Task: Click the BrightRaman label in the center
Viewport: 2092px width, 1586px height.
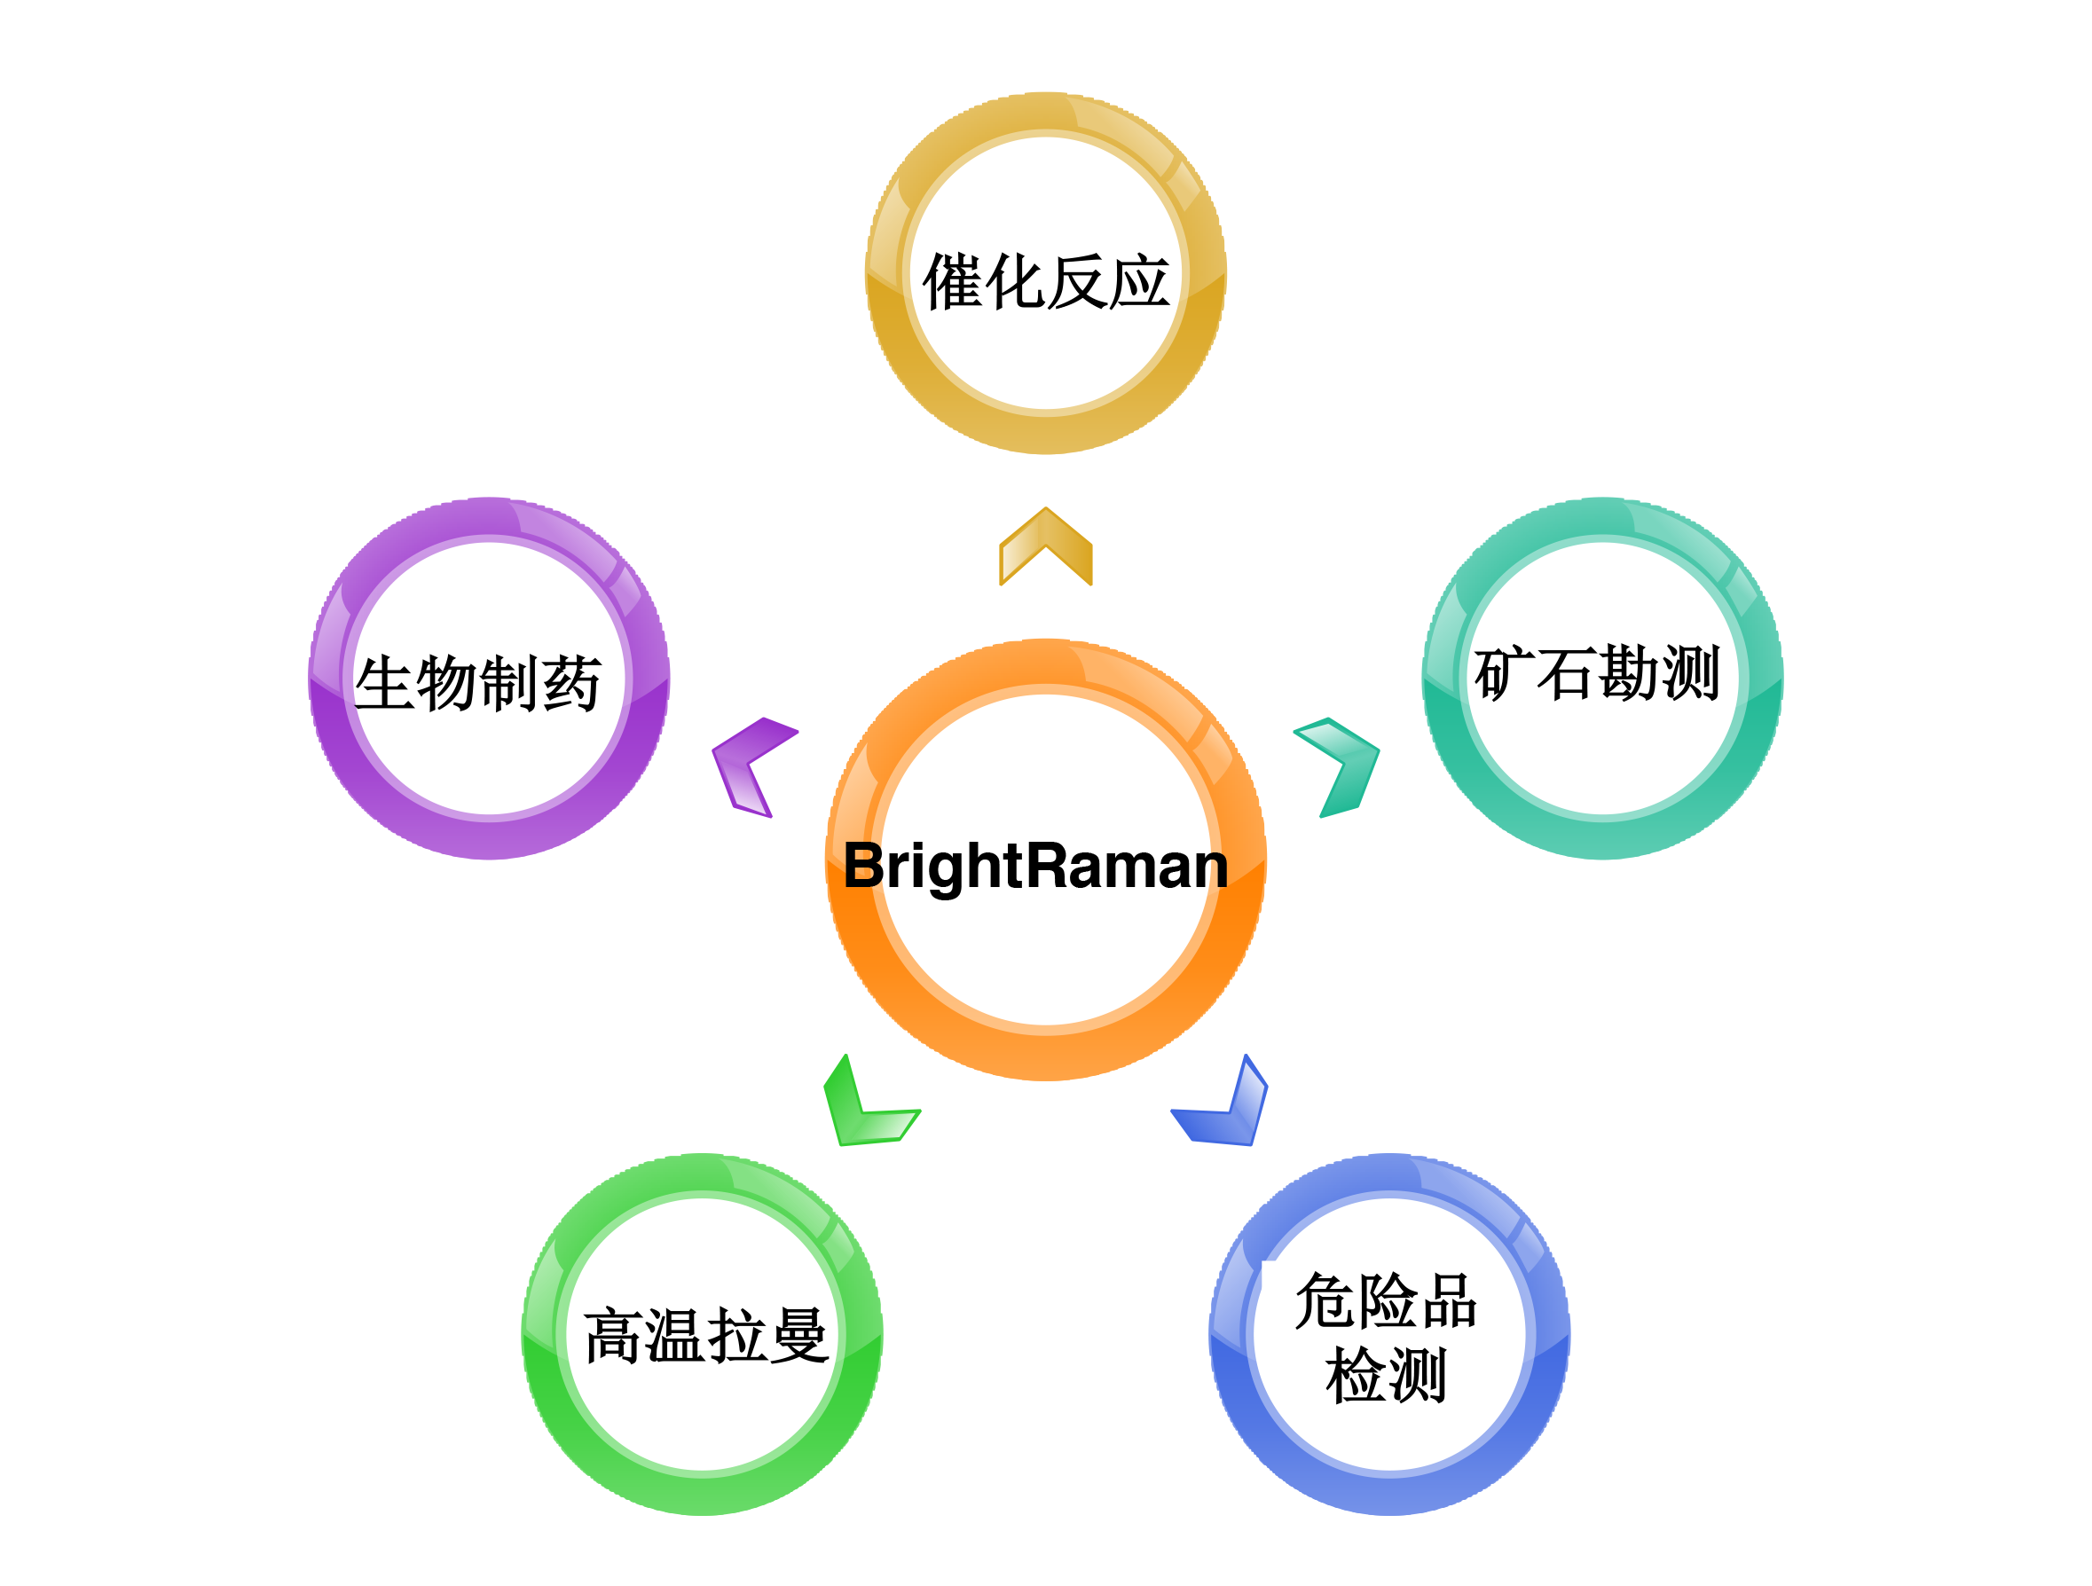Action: pyautogui.click(x=1035, y=866)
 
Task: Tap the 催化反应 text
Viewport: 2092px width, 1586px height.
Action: pyautogui.click(x=1046, y=282)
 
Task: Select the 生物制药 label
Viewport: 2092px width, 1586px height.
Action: pyautogui.click(x=477, y=682)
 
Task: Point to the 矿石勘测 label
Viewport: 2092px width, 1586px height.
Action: pyautogui.click(x=1596, y=673)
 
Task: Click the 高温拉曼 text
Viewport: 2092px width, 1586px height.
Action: pyautogui.click(x=705, y=1337)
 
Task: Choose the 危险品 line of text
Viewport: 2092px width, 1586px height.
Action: pyautogui.click(x=1386, y=1301)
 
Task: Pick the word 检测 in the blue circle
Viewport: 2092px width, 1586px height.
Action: pyautogui.click(x=1386, y=1376)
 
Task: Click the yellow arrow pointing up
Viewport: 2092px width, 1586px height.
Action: pyautogui.click(x=1046, y=548)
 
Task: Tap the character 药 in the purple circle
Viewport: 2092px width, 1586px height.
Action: pyautogui.click(x=571, y=682)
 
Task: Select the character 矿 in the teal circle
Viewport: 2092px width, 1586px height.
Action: pyautogui.click(x=1504, y=673)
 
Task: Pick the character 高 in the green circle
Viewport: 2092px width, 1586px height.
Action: pyautogui.click(x=614, y=1337)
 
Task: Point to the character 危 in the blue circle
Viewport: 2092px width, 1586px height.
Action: pyautogui.click(x=1324, y=1301)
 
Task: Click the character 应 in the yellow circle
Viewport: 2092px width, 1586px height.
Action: pyautogui.click(x=1138, y=282)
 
